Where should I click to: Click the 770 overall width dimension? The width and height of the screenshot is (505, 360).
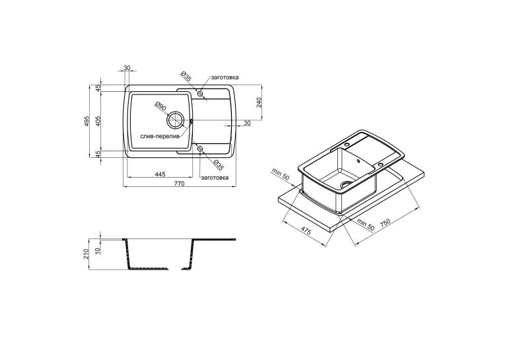click(x=179, y=184)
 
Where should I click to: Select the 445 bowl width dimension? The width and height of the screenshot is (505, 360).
click(x=160, y=174)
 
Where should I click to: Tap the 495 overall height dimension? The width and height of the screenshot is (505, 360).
click(x=86, y=121)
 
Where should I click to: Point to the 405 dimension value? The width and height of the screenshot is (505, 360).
click(x=98, y=121)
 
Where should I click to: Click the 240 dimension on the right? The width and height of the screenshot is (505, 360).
click(x=259, y=102)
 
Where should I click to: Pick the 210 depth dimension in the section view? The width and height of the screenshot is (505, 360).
click(x=86, y=254)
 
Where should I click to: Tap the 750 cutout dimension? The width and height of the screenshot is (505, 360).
click(x=385, y=223)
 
